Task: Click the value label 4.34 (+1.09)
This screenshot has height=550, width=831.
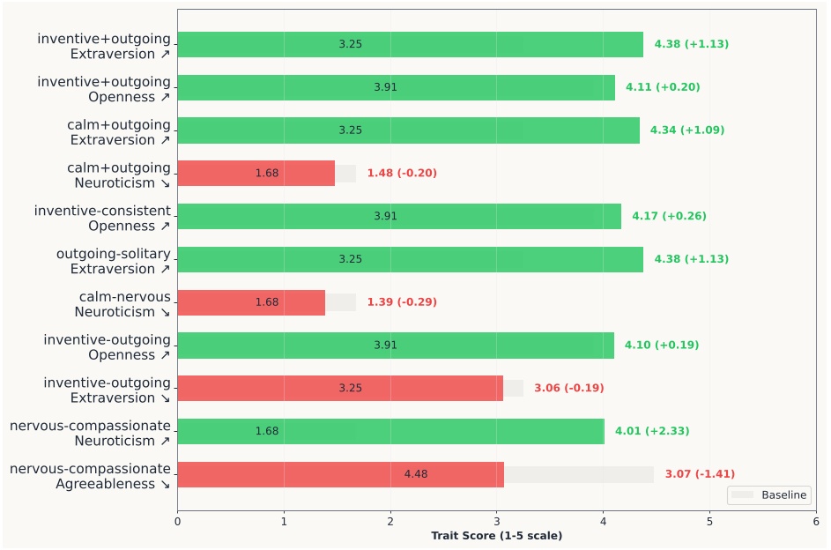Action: pyautogui.click(x=686, y=130)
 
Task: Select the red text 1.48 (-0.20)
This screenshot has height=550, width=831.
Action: pyautogui.click(x=401, y=174)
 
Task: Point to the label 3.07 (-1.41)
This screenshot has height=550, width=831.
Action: pyautogui.click(x=700, y=474)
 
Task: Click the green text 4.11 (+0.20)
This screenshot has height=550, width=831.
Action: pyautogui.click(x=663, y=87)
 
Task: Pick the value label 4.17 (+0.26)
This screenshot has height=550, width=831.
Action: pyautogui.click(x=669, y=216)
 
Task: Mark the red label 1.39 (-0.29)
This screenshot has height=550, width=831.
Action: pyautogui.click(x=402, y=302)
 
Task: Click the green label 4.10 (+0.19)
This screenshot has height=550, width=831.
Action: pyautogui.click(x=662, y=346)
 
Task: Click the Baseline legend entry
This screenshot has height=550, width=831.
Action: pyautogui.click(x=769, y=495)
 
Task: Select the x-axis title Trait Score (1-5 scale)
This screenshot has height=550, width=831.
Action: pyautogui.click(x=496, y=536)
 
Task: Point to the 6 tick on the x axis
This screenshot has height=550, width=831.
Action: pyautogui.click(x=816, y=521)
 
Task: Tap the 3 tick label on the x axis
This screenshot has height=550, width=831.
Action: pyautogui.click(x=497, y=521)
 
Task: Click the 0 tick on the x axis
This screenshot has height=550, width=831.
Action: pyautogui.click(x=177, y=521)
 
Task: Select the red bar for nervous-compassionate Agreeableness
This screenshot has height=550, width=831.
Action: pyautogui.click(x=340, y=474)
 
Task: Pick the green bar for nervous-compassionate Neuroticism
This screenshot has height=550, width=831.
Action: pyautogui.click(x=390, y=431)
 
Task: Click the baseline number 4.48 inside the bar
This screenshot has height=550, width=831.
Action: pyautogui.click(x=415, y=474)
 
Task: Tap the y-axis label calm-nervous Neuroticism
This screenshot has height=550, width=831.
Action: pyautogui.click(x=124, y=304)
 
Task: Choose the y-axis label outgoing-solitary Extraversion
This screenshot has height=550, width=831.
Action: pyautogui.click(x=113, y=261)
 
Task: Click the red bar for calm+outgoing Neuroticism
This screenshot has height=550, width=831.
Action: pyautogui.click(x=256, y=174)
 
